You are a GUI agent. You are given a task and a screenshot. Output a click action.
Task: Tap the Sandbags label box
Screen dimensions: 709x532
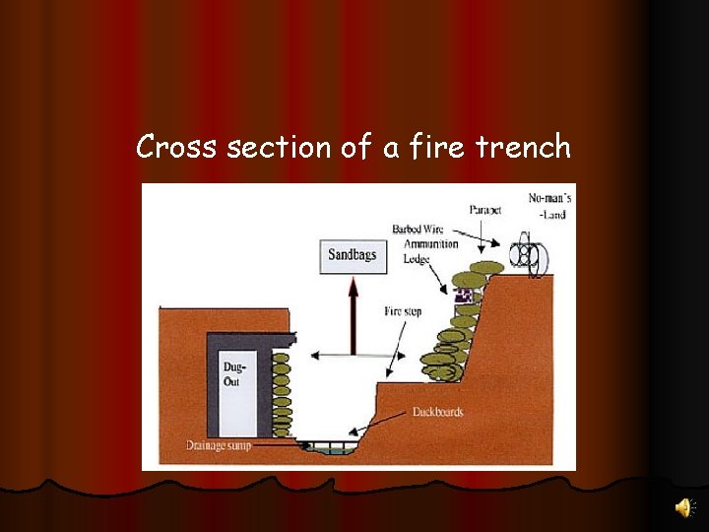pyautogui.click(x=352, y=255)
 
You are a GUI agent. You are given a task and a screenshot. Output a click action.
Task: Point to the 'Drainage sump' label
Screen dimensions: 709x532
pyautogui.click(x=219, y=445)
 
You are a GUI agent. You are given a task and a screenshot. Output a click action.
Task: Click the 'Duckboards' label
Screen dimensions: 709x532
pyautogui.click(x=437, y=412)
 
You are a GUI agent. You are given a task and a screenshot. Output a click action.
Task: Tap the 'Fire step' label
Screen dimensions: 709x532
pyautogui.click(x=403, y=311)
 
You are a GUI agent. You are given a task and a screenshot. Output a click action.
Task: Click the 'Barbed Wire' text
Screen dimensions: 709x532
pyautogui.click(x=419, y=230)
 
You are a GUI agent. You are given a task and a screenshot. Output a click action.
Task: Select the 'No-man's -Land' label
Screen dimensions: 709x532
pyautogui.click(x=549, y=206)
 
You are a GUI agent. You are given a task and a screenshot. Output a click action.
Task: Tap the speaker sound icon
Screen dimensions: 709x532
pyautogui.click(x=682, y=506)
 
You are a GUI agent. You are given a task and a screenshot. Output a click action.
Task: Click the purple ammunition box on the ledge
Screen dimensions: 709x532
pyautogui.click(x=464, y=295)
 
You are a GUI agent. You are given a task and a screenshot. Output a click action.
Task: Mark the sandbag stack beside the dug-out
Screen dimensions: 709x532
pyautogui.click(x=282, y=389)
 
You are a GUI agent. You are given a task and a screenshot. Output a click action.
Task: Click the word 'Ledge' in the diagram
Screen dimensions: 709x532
pyautogui.click(x=417, y=259)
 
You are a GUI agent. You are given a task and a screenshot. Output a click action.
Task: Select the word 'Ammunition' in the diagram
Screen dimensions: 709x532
pyautogui.click(x=430, y=244)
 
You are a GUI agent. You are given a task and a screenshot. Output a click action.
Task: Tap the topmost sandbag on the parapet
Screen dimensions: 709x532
pyautogui.click(x=485, y=267)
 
